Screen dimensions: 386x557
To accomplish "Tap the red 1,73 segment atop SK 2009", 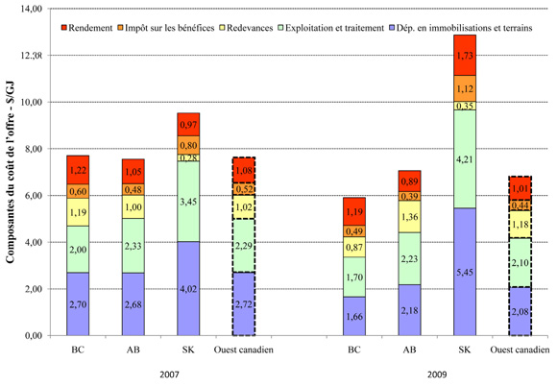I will click(464, 55).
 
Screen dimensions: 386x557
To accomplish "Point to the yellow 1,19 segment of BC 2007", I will click(79, 212).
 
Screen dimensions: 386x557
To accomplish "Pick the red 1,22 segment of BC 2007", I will click(79, 170).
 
